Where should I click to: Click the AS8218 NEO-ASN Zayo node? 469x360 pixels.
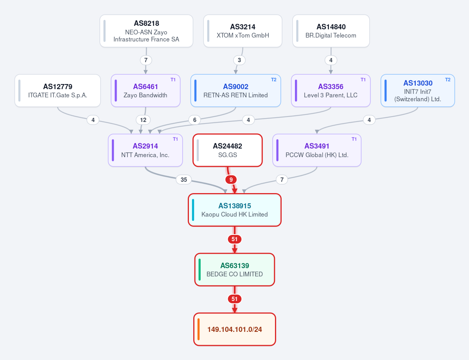point(146,31)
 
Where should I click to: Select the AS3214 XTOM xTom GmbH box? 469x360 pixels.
point(243,31)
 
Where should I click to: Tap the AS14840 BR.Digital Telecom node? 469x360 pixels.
point(331,31)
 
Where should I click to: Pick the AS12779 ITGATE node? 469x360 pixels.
point(58,91)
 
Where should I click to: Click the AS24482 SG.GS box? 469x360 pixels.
point(228,150)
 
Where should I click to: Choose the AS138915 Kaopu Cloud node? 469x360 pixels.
point(235,210)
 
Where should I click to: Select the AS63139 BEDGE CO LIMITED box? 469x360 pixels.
point(235,270)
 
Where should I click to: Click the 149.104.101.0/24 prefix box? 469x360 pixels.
point(235,329)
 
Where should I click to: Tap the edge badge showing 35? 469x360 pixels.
point(184,179)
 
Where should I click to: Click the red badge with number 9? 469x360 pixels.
point(231,179)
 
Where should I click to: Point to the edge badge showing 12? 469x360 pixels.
point(143,120)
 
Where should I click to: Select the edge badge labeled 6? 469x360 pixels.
point(195,120)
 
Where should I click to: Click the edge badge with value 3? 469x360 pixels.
point(239,60)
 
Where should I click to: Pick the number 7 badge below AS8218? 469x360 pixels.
point(146,60)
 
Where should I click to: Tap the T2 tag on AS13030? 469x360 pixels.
point(448,79)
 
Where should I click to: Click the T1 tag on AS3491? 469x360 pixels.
point(354,139)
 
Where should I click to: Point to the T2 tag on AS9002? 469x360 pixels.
point(274,79)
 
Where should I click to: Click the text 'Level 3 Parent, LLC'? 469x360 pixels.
point(331,95)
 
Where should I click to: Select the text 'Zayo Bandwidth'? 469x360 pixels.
point(146,95)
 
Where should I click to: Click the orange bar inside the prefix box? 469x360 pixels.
point(199,329)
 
